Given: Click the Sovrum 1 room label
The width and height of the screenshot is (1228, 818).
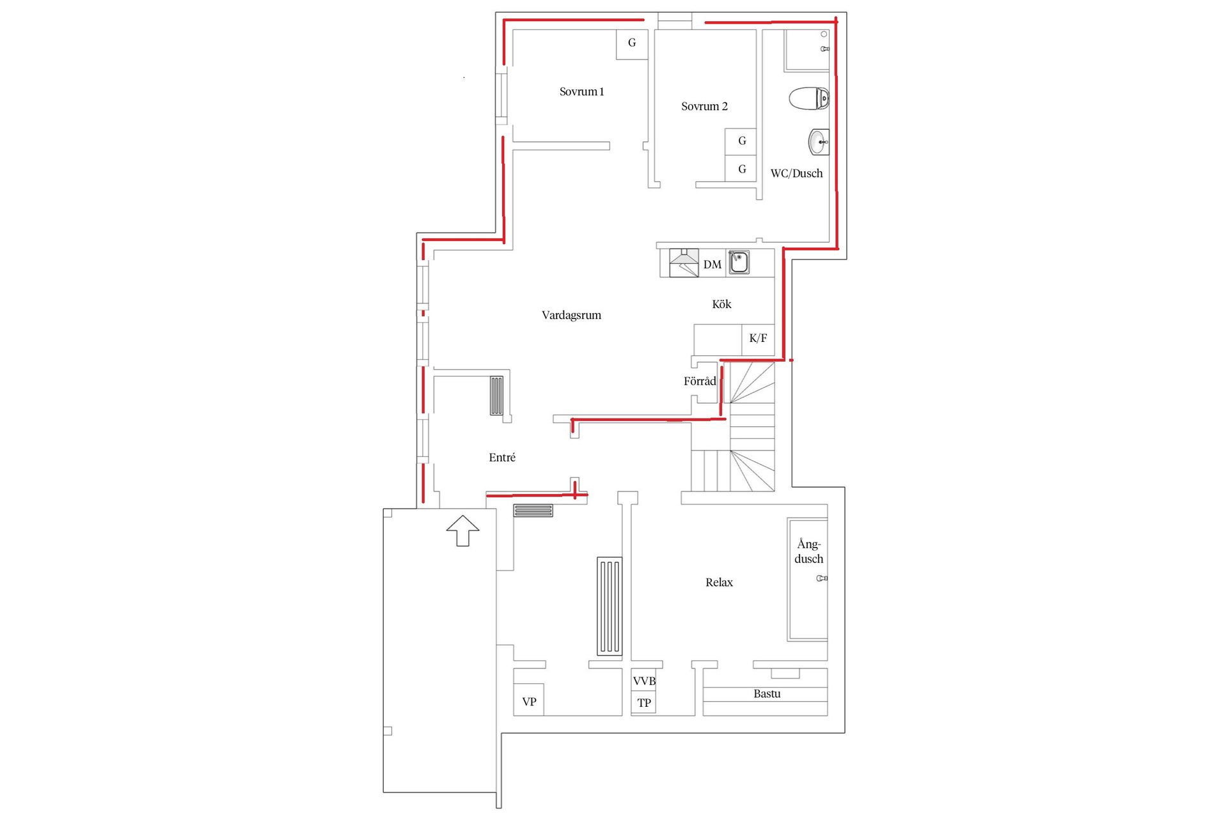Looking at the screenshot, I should [581, 91].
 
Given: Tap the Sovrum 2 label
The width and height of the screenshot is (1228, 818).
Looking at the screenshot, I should [704, 106].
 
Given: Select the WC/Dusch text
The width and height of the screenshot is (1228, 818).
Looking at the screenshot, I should [796, 173].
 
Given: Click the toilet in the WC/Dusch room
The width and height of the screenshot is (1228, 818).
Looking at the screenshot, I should [808, 98].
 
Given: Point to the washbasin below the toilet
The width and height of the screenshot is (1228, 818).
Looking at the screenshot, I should [818, 142].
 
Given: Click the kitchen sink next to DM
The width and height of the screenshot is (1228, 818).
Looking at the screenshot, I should [739, 262].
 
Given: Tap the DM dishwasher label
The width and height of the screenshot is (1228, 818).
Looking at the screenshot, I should [712, 265].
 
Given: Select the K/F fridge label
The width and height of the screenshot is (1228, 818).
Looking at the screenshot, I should [758, 338].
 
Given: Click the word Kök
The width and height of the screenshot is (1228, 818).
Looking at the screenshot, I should [721, 304].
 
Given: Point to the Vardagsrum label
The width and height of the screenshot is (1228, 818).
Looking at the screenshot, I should [571, 315].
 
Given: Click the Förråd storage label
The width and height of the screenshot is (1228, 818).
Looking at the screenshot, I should [700, 382].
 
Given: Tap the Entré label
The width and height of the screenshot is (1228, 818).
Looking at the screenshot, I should [502, 458].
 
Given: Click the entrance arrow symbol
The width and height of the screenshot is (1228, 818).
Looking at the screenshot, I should [462, 530].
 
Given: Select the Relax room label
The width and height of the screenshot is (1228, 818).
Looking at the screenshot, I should [719, 582].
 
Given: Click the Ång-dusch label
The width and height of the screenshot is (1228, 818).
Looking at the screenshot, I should [808, 552].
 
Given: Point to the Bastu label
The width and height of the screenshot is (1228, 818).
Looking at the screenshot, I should [767, 693].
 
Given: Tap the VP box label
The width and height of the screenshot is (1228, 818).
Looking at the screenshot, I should [529, 702].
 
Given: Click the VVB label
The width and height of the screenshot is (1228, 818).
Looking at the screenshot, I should [644, 681].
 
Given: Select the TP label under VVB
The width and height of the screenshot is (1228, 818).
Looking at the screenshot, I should [644, 703].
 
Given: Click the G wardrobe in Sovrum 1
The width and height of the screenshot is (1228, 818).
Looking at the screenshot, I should [632, 43].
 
